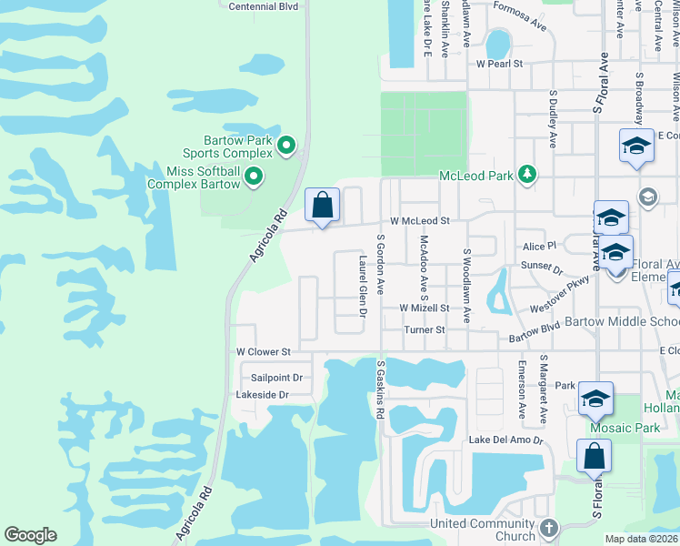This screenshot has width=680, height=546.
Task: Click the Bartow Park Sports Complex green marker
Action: click(x=285, y=145)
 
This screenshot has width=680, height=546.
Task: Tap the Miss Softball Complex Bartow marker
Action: click(x=254, y=176)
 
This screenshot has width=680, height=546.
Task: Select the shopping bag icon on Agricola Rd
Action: click(x=323, y=205)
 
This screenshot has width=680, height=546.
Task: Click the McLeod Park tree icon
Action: click(x=525, y=174)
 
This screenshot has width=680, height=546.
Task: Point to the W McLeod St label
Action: click(x=420, y=221)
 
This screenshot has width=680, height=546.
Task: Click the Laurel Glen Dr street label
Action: click(x=362, y=286)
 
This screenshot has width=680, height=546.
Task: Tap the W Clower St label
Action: click(x=263, y=351)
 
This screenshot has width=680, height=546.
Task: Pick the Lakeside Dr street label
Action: click(x=262, y=395)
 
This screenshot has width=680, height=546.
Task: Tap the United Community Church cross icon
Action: click(x=547, y=528)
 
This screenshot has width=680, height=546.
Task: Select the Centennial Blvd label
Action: click(x=264, y=6)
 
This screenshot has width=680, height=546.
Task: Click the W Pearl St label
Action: click(x=500, y=65)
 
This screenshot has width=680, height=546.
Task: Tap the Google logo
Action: click(x=30, y=535)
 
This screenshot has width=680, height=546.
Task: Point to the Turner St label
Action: click(x=425, y=330)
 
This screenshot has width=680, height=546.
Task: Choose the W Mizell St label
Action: click(x=425, y=308)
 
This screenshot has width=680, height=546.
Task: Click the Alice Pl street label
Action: click(x=538, y=246)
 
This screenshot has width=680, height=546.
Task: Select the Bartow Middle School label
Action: click(x=622, y=322)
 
